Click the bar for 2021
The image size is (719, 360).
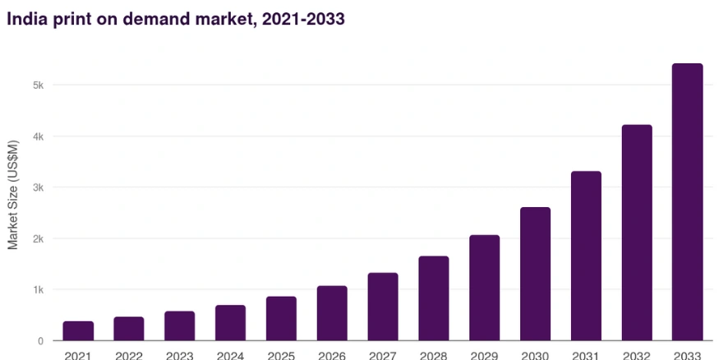point(78,330)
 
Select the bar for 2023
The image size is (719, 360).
point(179,325)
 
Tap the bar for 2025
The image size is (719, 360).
point(281,318)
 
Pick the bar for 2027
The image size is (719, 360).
point(383,307)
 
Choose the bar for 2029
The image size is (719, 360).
point(484,288)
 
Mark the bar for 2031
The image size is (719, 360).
point(586,256)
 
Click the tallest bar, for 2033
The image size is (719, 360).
point(688,202)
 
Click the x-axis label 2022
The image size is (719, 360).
point(129,354)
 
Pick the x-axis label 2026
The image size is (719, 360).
point(332,354)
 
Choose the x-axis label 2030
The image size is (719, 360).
point(535,354)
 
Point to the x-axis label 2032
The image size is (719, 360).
point(637,354)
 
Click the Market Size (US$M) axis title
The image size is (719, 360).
point(13,195)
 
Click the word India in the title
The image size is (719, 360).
point(26,18)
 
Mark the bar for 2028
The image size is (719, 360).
point(434,298)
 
